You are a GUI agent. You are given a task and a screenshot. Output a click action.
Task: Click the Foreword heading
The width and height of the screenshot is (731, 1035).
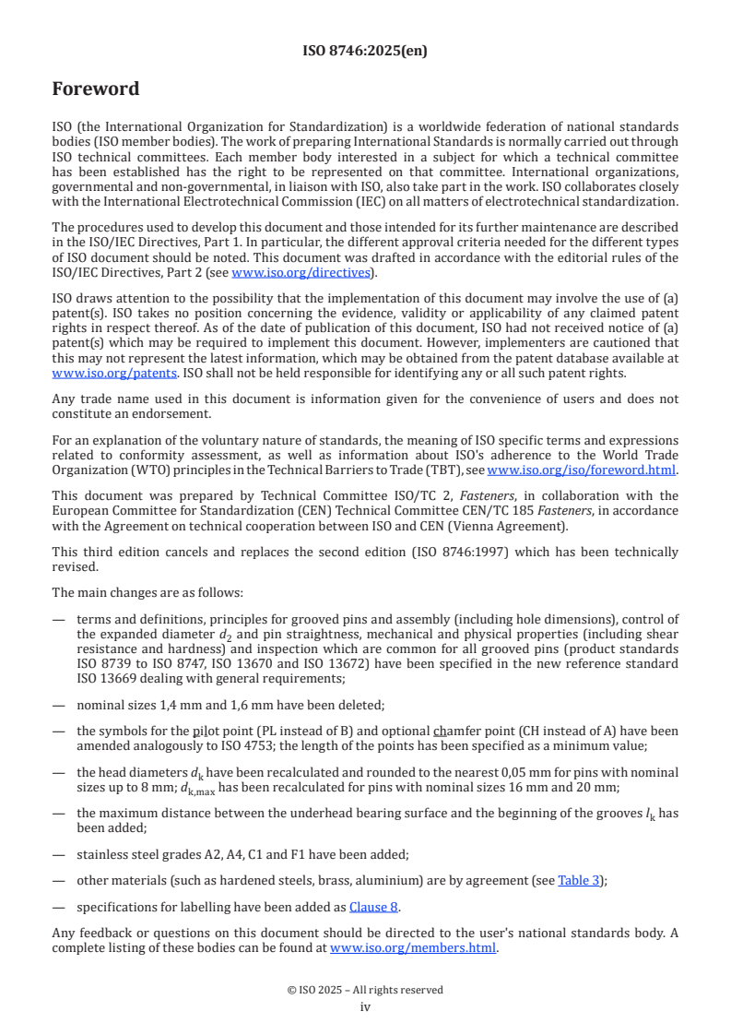[x=96, y=89]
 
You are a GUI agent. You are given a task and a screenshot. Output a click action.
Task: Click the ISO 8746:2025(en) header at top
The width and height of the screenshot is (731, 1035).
[x=365, y=51]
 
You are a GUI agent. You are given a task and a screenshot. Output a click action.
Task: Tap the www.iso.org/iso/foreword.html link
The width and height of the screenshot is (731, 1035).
[x=582, y=470]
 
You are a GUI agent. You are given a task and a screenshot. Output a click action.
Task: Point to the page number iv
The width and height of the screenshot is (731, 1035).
[x=365, y=1007]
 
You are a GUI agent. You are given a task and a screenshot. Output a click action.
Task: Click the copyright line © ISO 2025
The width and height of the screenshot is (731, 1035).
[x=365, y=990]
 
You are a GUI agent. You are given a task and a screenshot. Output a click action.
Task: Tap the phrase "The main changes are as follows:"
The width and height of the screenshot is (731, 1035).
[x=147, y=592]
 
